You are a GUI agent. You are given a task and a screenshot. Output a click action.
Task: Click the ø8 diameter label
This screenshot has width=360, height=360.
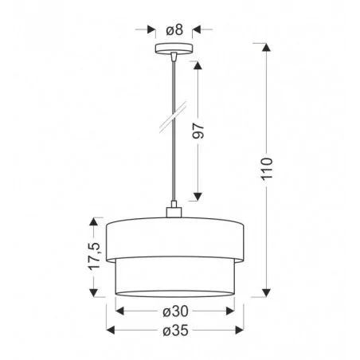pos(174,29)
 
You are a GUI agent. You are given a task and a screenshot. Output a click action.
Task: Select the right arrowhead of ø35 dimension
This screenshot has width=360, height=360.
pos(237,331)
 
